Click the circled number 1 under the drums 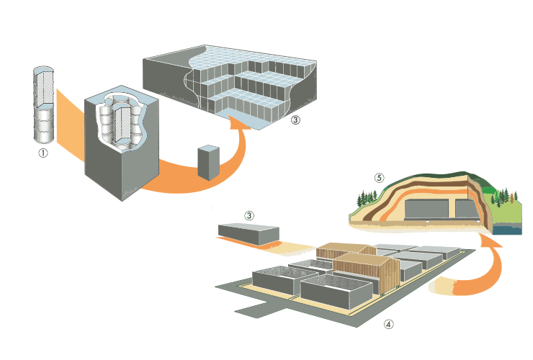pos(42,153)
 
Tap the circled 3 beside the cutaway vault pos(295,120)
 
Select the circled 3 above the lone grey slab pos(249,215)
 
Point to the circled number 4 pos(389,324)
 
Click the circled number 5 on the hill pos(380,176)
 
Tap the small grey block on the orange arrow pos(207,162)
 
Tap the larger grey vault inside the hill pos(426,209)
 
